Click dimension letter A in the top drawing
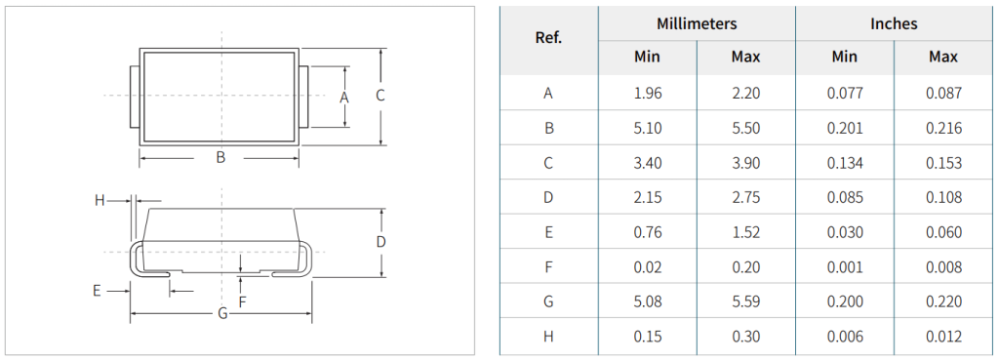[344, 98]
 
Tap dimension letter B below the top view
[220, 157]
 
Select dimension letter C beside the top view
[380, 96]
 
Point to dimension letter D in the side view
[381, 242]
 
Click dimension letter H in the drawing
[100, 201]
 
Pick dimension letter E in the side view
[97, 291]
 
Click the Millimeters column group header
[697, 23]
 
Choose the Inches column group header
[894, 23]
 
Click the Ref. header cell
[548, 38]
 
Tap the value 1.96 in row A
[648, 94]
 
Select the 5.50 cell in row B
[746, 128]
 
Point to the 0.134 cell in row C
[845, 163]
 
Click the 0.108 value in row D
[943, 197]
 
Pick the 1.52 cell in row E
[746, 232]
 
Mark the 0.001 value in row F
[845, 267]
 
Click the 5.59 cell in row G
[746, 301]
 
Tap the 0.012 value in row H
[943, 337]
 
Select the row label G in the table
[548, 301]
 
